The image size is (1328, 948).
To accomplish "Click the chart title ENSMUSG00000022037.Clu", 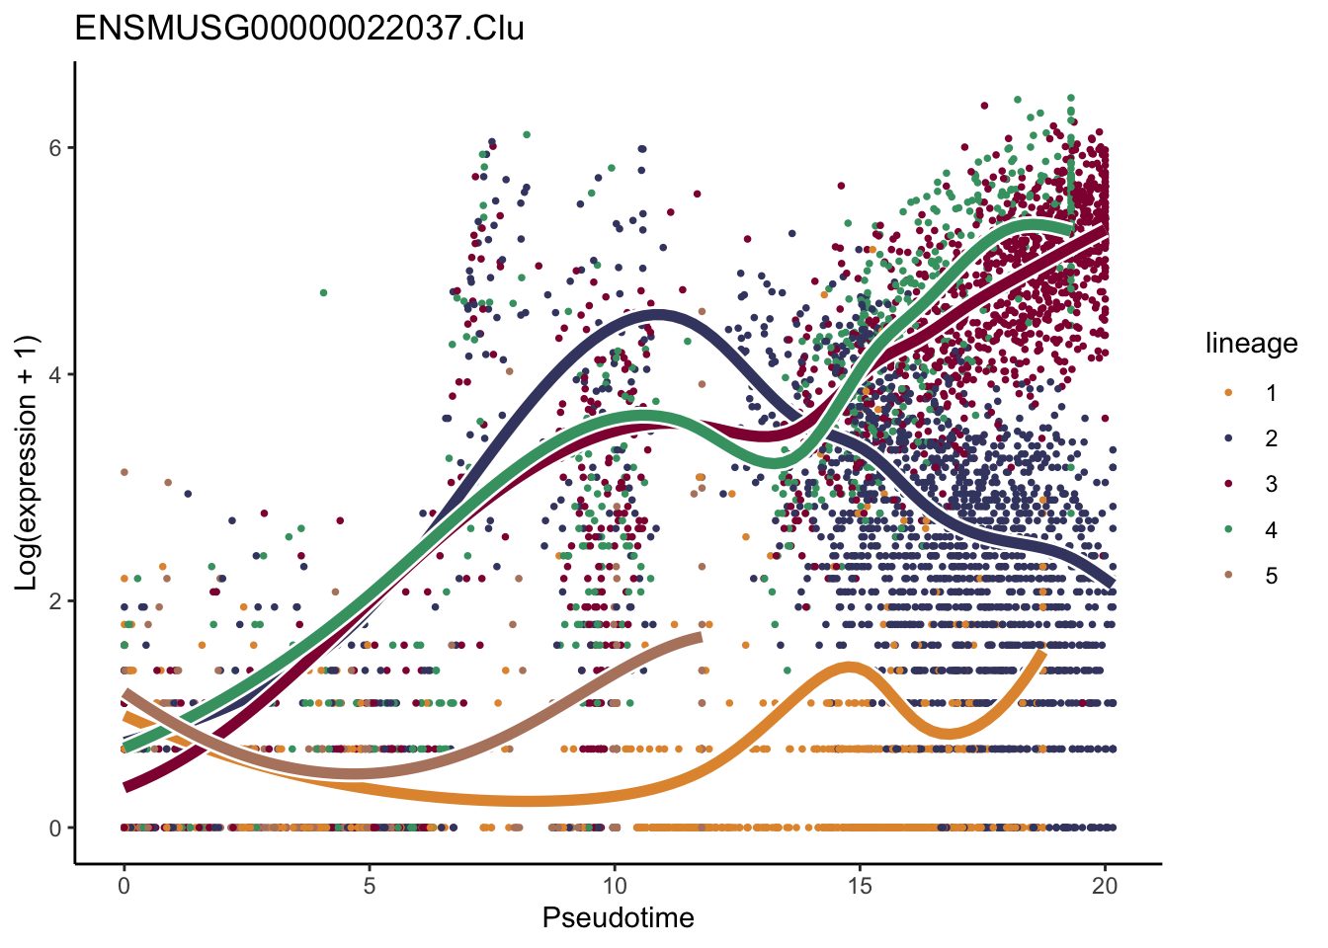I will point(299,28).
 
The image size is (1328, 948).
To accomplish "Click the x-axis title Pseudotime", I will point(618,918).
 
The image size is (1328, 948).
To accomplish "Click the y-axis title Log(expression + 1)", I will point(26,462).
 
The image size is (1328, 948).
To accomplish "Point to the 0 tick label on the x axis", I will point(124,886).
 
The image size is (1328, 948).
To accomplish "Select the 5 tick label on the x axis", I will point(369,886).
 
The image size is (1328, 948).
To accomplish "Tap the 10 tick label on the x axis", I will point(614,886).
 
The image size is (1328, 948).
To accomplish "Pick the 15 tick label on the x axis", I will point(860,886).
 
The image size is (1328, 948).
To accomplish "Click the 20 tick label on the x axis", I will point(1105,886).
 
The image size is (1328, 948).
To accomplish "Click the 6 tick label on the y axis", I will point(56,148).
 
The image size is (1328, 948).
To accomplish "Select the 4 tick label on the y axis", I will point(56,375).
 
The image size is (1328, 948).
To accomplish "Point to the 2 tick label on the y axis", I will point(56,601).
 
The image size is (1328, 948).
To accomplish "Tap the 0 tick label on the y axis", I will point(56,829).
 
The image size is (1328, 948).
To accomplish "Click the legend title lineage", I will point(1251,344).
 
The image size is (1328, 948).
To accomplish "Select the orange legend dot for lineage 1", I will point(1228,393).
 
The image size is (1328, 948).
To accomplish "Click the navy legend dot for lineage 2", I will point(1228,438).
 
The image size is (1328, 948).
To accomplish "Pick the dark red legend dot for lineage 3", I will point(1228,484).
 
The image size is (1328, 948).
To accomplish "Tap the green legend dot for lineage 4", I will point(1228,530).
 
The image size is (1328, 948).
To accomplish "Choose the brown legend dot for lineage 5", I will point(1228,576).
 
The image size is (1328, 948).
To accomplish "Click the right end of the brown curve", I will point(700,638).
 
